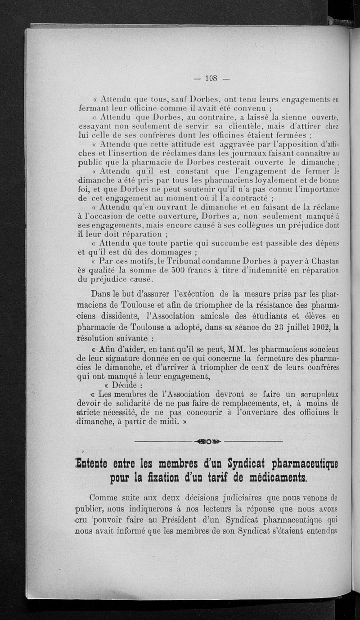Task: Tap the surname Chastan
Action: pyautogui.click(x=324, y=261)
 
